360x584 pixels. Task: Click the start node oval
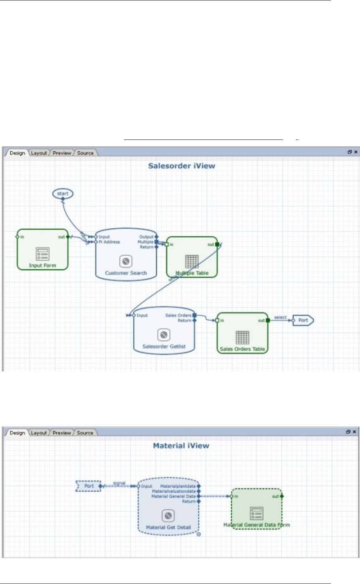click(x=63, y=194)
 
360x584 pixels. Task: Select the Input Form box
click(x=43, y=250)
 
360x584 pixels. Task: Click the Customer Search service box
click(x=126, y=254)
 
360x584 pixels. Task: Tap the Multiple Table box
click(x=192, y=257)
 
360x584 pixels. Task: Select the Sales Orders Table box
click(x=243, y=333)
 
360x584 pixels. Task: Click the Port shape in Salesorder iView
click(x=303, y=320)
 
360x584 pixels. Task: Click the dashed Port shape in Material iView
click(x=89, y=486)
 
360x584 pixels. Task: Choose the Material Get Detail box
click(x=168, y=509)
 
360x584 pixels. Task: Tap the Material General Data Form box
click(x=257, y=509)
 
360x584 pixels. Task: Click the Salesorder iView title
click(x=182, y=166)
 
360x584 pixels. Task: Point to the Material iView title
click(x=181, y=446)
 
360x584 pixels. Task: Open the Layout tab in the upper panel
click(x=39, y=153)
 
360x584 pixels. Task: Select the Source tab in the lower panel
click(x=85, y=433)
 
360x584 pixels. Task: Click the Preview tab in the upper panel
click(x=62, y=153)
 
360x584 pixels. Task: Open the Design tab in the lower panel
click(x=17, y=433)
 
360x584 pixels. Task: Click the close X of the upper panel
click(x=356, y=152)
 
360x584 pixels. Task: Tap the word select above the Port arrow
click(x=280, y=317)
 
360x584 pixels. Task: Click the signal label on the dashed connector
click(x=119, y=483)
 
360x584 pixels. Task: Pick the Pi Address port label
click(x=109, y=242)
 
